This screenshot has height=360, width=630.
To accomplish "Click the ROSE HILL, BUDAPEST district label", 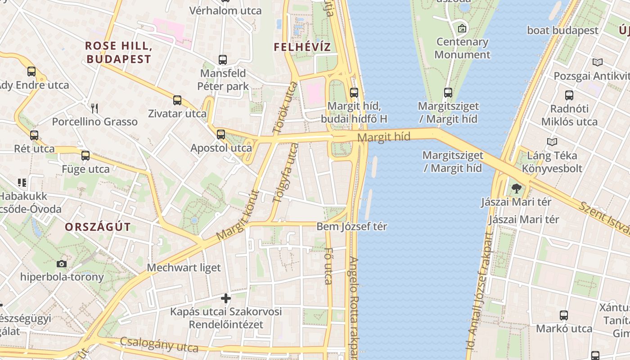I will coord(118,52).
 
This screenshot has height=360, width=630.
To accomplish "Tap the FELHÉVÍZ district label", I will coord(302,47).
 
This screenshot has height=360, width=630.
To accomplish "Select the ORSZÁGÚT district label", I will coord(98,227).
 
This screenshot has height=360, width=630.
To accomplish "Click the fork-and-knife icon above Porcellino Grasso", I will coord(94,108).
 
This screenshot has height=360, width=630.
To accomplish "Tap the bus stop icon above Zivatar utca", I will coord(177,100).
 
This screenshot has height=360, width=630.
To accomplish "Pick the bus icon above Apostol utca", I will coord(220,134).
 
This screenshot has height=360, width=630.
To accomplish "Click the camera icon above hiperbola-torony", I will coord(62,264).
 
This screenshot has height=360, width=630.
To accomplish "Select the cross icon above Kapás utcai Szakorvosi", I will coord(226,298).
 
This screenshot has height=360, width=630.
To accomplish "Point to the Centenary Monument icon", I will coord(462,29).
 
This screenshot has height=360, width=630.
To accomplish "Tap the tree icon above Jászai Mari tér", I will coord(516,189).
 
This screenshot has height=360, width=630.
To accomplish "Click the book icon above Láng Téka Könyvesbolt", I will coord(552,142).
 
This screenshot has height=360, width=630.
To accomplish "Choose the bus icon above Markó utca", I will coord(564,315).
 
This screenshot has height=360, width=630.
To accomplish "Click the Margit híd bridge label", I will coord(384,137).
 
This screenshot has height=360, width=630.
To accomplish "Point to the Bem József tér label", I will coord(352,226).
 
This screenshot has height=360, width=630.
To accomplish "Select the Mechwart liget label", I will coord(184,268).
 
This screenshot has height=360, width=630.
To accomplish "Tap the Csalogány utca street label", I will coord(159,345).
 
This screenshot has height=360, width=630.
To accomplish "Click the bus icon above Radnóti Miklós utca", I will coord(569,95).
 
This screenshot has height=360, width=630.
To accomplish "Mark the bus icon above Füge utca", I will coord(85,156).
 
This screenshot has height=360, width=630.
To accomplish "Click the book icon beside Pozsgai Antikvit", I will coord(598,63).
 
